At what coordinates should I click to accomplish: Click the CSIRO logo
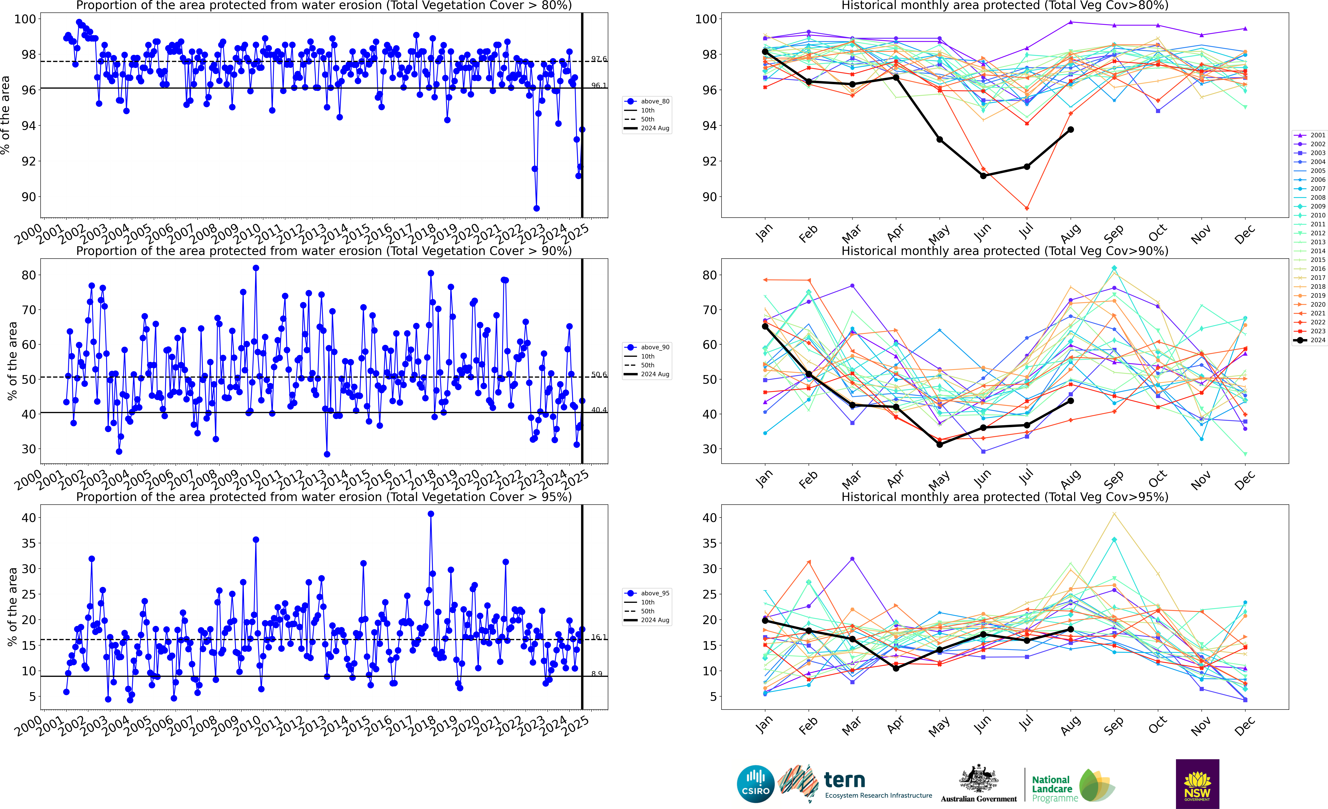(756, 784)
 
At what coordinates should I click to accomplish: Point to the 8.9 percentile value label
(597, 674)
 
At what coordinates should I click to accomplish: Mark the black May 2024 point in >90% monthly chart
(939, 444)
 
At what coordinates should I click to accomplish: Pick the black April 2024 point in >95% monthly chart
(896, 668)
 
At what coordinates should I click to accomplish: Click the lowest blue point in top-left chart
(536, 208)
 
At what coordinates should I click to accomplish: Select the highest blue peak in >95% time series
(431, 514)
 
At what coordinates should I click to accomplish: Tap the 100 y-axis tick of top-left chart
(25, 19)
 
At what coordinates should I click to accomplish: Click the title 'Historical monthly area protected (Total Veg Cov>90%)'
(1005, 251)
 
